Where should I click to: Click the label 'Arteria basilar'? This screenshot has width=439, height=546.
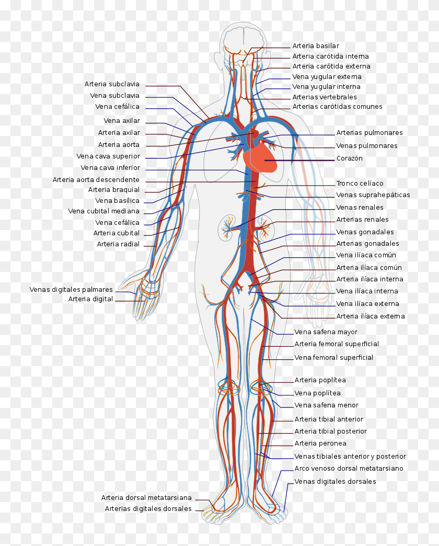tap(316, 46)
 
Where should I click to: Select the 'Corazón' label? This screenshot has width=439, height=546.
tap(349, 158)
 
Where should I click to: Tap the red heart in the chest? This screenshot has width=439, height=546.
tap(261, 157)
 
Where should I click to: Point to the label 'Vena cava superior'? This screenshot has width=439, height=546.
tap(108, 156)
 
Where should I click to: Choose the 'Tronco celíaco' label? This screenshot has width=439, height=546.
tap(360, 184)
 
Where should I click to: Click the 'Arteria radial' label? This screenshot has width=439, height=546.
tap(118, 244)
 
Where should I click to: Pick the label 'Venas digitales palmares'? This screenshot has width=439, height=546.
tap(71, 289)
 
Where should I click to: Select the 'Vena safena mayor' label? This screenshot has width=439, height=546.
tap(326, 332)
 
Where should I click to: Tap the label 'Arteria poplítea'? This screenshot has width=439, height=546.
tap(320, 380)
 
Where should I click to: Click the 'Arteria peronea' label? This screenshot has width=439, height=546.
tap(320, 443)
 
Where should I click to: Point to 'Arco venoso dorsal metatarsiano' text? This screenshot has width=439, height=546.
tap(349, 469)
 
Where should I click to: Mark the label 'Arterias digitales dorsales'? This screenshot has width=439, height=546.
tap(148, 508)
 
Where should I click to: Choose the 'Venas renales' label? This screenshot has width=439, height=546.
tap(360, 208)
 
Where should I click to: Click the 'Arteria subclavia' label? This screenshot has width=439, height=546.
tap(112, 84)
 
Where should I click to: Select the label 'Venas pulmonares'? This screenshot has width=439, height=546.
tap(366, 146)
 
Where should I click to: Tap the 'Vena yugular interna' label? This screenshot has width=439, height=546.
tap(326, 87)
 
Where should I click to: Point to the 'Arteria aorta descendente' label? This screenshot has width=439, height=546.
tap(96, 180)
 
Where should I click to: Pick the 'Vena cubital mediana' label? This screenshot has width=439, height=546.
tap(103, 211)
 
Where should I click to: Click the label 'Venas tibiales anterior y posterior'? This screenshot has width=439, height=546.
tap(350, 457)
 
